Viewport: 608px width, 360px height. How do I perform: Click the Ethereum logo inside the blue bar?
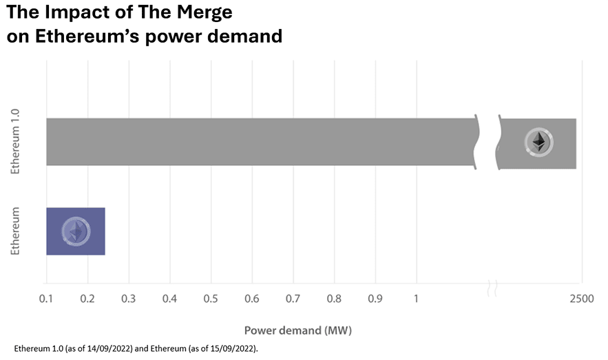point(76,231)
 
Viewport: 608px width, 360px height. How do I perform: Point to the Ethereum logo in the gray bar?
point(538,142)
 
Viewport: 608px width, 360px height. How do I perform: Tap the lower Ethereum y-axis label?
point(16,231)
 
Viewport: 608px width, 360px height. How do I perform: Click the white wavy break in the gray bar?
point(488,142)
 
